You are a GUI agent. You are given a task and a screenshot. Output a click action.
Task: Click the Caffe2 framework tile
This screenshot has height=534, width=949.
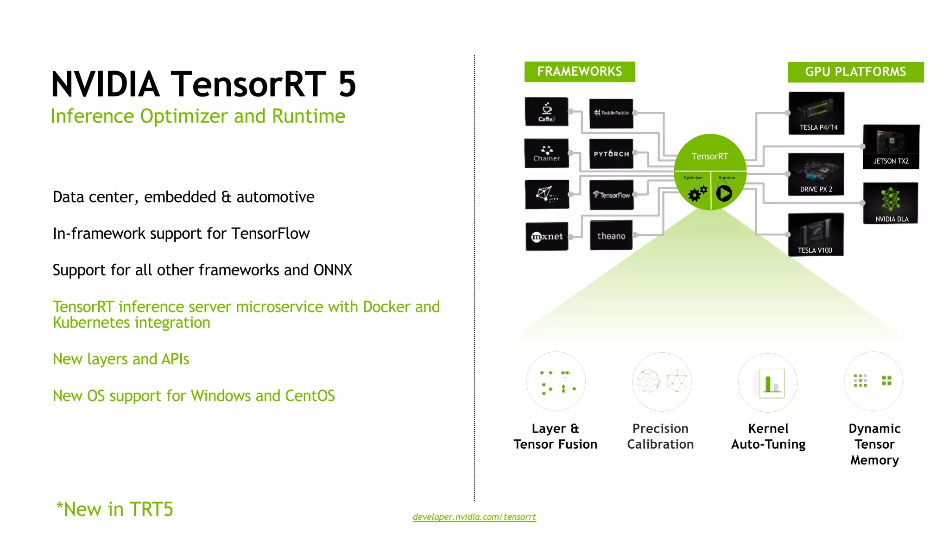(x=547, y=112)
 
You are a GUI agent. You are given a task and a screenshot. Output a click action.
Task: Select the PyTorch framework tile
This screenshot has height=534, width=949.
(x=611, y=153)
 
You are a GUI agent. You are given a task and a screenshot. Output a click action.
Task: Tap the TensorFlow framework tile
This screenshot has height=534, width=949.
(x=611, y=195)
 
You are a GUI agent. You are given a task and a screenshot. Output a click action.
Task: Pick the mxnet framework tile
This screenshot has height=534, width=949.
(x=547, y=236)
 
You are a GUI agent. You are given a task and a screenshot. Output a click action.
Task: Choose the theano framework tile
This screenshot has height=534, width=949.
(x=611, y=236)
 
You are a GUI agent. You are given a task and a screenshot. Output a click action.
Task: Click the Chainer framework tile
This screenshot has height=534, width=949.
(x=547, y=153)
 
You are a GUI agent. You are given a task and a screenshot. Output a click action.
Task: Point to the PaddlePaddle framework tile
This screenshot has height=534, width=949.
(x=611, y=113)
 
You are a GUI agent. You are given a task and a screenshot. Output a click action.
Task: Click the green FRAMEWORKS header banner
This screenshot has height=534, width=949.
(x=579, y=71)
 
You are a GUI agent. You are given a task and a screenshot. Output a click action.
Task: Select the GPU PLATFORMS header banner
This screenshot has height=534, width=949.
(x=855, y=72)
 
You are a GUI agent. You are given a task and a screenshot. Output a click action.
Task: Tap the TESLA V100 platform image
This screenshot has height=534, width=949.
(x=816, y=235)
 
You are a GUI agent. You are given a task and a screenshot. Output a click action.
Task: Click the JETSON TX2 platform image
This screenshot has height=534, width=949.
(x=891, y=146)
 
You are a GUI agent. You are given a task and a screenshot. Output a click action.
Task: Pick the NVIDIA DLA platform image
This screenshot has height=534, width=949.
(x=890, y=203)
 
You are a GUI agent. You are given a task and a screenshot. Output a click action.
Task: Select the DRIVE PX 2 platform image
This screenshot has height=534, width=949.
(x=816, y=174)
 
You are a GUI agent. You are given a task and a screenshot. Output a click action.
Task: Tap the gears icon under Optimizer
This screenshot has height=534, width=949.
(x=697, y=193)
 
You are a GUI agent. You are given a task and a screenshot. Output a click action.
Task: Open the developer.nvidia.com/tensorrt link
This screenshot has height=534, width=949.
(x=474, y=517)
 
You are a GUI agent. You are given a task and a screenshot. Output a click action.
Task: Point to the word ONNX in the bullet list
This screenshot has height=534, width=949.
(x=333, y=270)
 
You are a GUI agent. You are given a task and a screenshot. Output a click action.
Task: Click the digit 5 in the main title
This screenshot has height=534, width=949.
(x=347, y=84)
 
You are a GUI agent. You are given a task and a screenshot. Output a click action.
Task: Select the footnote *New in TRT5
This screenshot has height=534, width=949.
(x=114, y=509)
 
